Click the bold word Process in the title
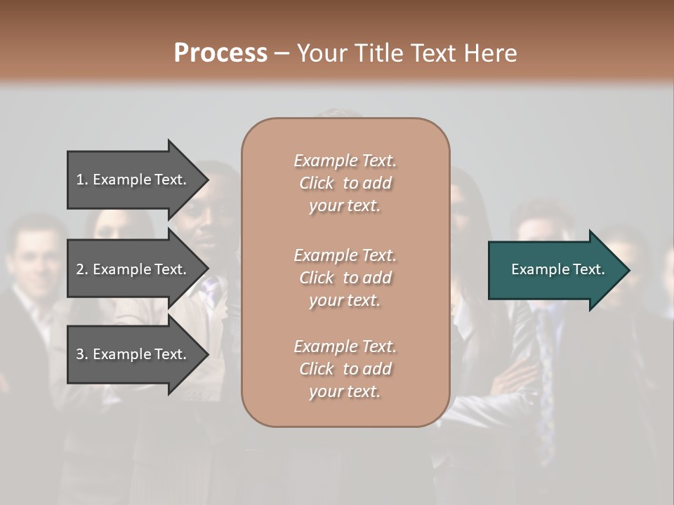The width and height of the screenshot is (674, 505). (x=220, y=53)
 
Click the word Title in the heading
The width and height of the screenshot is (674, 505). (x=377, y=53)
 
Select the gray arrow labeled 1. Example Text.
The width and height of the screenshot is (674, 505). (x=133, y=180)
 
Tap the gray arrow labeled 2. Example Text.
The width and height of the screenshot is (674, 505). (x=133, y=269)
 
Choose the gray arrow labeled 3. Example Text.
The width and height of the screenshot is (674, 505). (x=133, y=354)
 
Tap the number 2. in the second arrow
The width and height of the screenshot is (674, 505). (x=82, y=269)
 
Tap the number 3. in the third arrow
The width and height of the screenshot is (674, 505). (x=82, y=354)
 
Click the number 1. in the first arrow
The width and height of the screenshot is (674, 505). (x=82, y=180)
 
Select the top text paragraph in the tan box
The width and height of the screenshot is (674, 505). (x=345, y=183)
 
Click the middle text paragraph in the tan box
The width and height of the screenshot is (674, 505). (x=345, y=278)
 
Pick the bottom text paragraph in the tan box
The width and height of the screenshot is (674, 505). (x=345, y=369)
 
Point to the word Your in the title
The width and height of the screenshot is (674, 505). (x=324, y=53)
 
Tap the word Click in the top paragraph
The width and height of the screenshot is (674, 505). (x=316, y=183)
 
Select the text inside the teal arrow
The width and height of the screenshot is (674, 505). (x=557, y=269)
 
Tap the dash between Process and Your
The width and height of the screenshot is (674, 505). (x=282, y=53)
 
